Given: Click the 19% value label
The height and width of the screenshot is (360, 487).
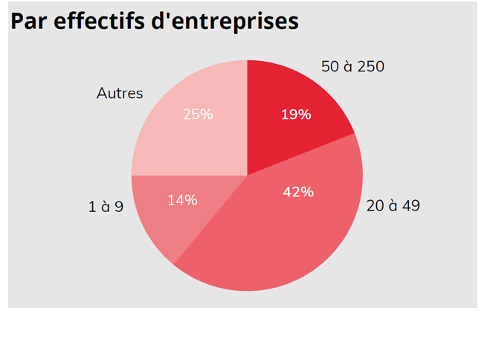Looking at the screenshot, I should point(295,115).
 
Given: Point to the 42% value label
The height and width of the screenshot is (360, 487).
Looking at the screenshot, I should point(298,192).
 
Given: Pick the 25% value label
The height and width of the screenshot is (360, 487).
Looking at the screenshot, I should point(197,115).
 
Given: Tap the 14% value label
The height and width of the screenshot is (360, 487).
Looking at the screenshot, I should point(182,199).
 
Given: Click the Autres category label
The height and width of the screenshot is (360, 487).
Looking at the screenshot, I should point(120,94).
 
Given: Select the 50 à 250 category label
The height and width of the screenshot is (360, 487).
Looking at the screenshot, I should point(352,66).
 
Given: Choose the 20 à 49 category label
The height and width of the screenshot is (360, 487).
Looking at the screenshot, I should point(393,205).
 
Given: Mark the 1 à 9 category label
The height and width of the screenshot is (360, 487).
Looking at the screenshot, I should point(106,207).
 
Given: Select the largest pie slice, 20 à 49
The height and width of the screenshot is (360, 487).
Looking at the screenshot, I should point(283,231).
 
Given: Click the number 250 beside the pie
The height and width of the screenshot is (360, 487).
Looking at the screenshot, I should point(370,66).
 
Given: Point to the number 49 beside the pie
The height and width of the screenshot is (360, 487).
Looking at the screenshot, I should point(410,205).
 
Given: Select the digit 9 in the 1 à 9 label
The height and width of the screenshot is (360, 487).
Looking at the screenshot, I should point(118,207).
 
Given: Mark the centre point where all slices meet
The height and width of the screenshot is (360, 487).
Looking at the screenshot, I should point(247,176).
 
